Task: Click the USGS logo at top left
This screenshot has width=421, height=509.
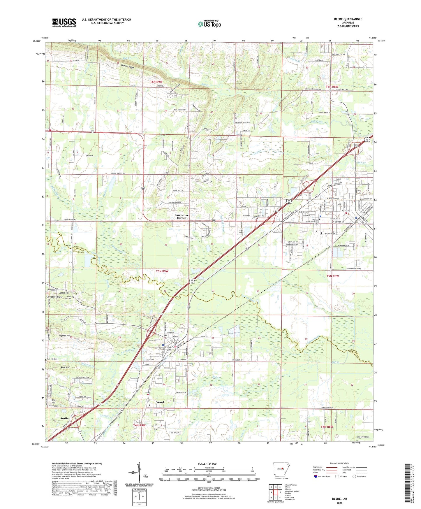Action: pos(64,22)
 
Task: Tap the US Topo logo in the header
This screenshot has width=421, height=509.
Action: pos(209,24)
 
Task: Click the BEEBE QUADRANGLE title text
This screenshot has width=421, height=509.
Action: pos(348,19)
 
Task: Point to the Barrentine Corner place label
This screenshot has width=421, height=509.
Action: pos(182,216)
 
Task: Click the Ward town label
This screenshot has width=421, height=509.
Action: pos(160,402)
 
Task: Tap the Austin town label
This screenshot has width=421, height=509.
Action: pos(64,418)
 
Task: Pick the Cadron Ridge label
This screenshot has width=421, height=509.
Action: pos(128,67)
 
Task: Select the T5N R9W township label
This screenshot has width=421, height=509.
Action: pos(162,271)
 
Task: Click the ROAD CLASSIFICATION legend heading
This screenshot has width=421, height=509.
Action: pos(339,463)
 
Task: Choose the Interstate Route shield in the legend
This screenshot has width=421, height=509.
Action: pos(316,476)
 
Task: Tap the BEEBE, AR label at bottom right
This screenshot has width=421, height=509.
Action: pos(339,499)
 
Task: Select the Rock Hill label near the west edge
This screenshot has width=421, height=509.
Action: pos(65,367)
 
